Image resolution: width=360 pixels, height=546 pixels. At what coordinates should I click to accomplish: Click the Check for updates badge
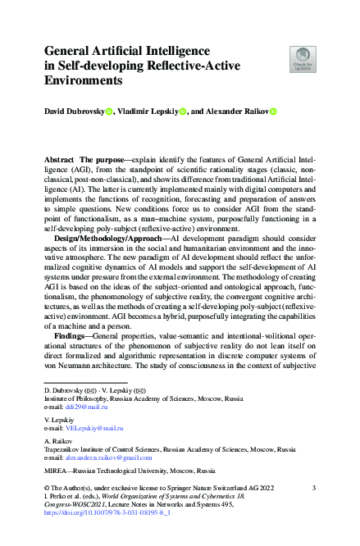click(x=303, y=58)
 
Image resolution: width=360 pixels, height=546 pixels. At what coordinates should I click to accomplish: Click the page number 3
click(x=314, y=488)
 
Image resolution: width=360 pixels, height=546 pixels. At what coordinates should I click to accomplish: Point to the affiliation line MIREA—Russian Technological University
click(x=129, y=472)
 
